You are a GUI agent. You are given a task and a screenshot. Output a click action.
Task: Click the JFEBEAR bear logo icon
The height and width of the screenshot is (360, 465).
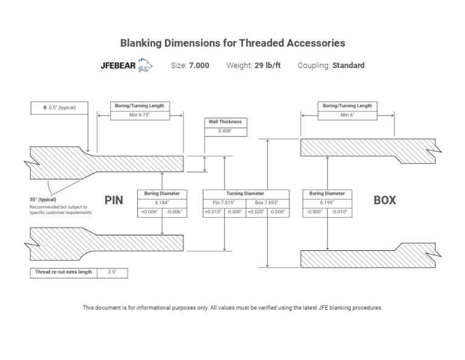(145, 65)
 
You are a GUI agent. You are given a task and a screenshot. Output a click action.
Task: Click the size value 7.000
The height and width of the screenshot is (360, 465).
(199, 65)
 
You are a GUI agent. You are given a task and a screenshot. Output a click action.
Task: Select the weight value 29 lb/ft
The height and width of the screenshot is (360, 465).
(267, 65)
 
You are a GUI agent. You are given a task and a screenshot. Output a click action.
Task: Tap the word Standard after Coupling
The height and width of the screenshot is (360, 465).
(348, 65)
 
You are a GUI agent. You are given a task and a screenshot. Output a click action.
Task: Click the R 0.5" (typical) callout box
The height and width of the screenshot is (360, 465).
(61, 108)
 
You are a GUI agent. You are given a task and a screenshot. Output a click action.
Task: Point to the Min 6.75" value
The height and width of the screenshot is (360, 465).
(139, 115)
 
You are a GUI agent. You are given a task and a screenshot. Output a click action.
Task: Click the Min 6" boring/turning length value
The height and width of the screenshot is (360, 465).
(347, 115)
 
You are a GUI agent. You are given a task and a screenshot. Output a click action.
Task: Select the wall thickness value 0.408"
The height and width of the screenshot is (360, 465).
(225, 131)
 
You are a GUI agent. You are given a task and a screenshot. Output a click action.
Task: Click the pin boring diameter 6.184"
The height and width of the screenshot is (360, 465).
(162, 202)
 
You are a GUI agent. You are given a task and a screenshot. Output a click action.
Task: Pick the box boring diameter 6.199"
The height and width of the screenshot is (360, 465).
(327, 202)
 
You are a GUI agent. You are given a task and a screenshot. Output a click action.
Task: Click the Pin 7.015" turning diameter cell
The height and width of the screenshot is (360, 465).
(224, 202)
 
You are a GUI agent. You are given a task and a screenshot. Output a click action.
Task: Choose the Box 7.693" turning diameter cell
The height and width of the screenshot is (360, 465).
(266, 202)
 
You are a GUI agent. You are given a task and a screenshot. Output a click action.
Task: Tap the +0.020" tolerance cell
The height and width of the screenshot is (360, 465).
(256, 212)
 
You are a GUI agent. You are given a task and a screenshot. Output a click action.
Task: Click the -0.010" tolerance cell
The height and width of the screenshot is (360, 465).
(339, 212)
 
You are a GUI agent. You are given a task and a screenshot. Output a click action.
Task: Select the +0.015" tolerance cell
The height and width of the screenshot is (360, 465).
(214, 212)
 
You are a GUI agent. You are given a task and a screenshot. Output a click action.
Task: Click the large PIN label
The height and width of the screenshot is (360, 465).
(114, 200)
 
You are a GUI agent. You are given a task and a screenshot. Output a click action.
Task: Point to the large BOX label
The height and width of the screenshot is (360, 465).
(384, 200)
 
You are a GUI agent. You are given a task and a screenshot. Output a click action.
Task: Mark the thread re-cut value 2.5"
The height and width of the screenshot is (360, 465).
(112, 273)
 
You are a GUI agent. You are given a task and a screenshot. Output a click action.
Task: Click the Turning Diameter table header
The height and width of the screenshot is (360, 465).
(245, 193)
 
